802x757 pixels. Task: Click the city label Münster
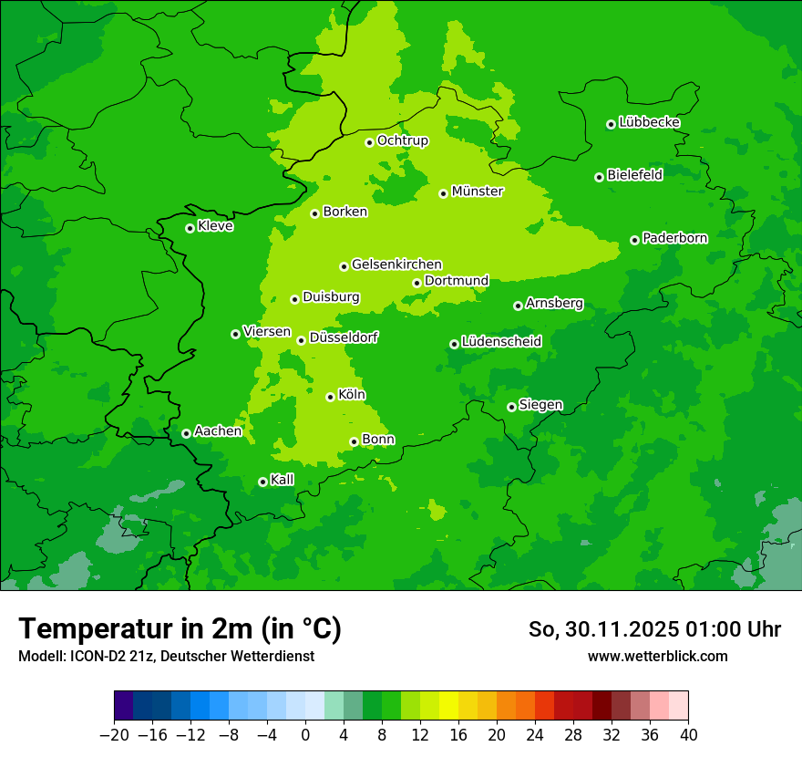point(478,192)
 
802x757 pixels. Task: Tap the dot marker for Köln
point(330,397)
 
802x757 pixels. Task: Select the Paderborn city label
point(674,238)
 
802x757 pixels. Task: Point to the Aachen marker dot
point(186,433)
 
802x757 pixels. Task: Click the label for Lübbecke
point(649,122)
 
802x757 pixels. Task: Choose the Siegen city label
point(540,405)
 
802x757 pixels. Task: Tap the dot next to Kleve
point(190,228)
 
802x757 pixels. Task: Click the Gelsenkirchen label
point(396,264)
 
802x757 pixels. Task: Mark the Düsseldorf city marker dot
point(301,340)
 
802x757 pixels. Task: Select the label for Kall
point(283,480)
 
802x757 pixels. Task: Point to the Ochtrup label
point(402,140)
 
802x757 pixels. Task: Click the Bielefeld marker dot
point(599,177)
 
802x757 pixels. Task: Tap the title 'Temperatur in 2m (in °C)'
point(180,629)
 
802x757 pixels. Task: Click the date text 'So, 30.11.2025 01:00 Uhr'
point(654,629)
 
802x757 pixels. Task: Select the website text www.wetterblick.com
point(657,656)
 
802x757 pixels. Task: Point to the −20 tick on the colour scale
point(114,735)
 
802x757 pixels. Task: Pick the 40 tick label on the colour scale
point(688,735)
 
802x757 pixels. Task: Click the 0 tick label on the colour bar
point(305,735)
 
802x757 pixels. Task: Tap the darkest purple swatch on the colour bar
point(124,706)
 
